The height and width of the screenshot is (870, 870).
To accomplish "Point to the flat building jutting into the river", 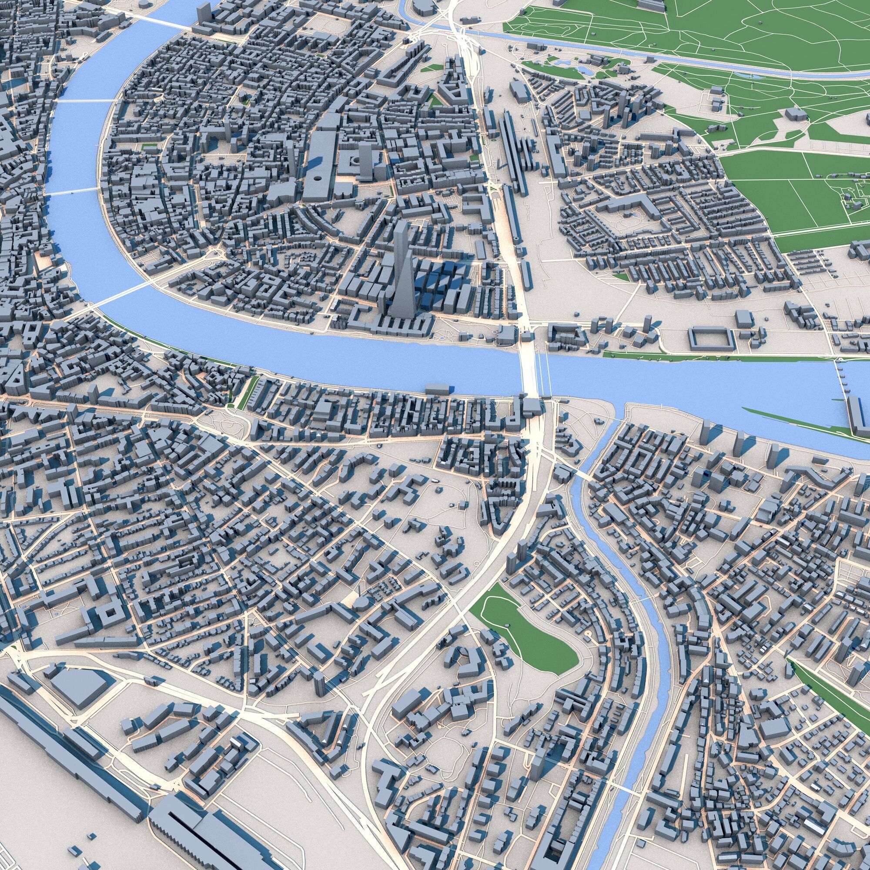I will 438,388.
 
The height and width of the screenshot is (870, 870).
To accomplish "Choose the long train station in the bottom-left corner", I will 212,820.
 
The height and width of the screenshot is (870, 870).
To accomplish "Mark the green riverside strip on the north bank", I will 720,356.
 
